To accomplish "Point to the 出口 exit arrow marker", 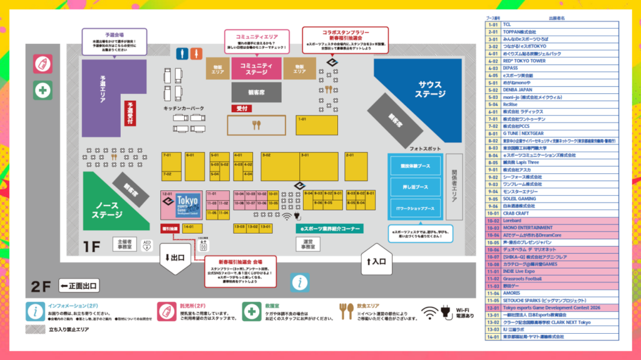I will point(175,257).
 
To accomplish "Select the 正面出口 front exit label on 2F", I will point(79,287).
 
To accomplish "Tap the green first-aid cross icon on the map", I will point(43,90).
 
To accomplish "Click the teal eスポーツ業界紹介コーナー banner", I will point(329,229).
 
